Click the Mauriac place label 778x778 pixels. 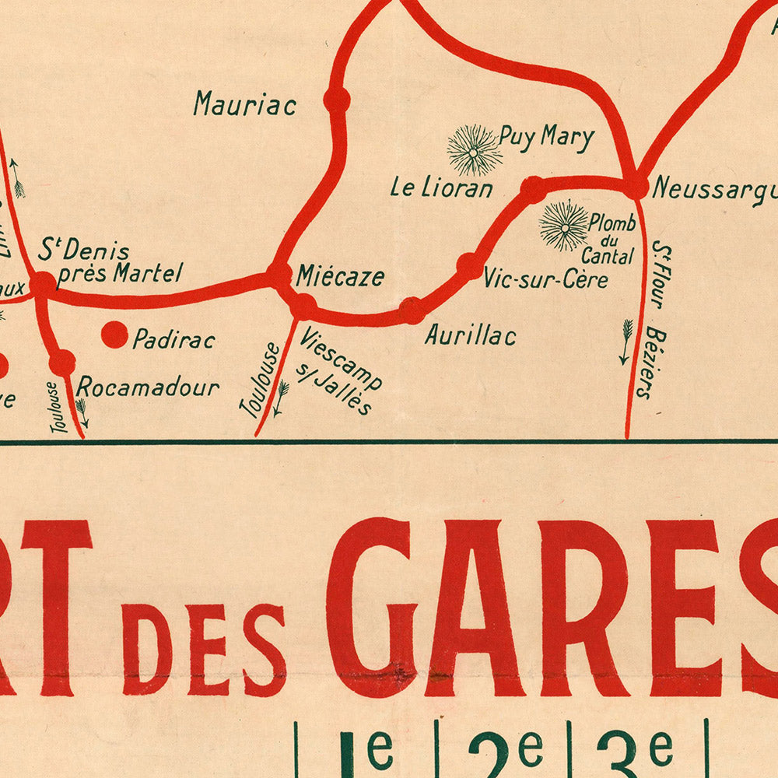pos(245,103)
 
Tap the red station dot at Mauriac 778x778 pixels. pos(337,100)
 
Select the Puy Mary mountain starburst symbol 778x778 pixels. pos(474,150)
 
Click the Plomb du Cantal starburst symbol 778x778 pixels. pos(564,226)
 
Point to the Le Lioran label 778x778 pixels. pos(441,188)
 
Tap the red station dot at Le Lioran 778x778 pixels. pos(534,189)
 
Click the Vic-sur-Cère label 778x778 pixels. pos(545,279)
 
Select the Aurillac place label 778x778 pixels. pos(470,335)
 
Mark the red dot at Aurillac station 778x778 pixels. pos(412,310)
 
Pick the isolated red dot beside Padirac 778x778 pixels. pos(114,335)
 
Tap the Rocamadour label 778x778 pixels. pos(148,387)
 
